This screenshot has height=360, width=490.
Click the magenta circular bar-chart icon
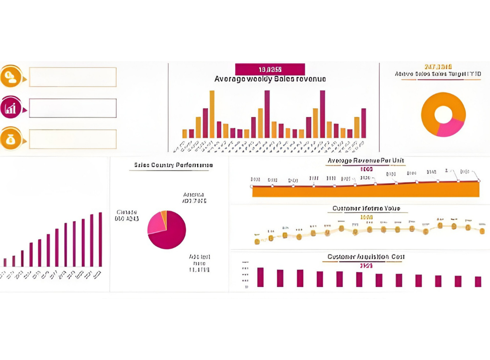[11, 107]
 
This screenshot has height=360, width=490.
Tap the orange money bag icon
[11, 138]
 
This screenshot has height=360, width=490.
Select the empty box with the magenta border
[73, 108]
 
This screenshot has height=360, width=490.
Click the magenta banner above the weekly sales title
[270, 69]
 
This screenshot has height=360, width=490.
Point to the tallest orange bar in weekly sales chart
[212, 114]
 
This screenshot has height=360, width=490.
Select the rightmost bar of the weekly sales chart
[363, 123]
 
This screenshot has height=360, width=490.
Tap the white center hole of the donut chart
[443, 114]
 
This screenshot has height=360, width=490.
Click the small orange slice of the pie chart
[164, 215]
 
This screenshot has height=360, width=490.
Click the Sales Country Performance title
[173, 165]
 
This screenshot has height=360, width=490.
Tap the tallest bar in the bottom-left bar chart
[100, 239]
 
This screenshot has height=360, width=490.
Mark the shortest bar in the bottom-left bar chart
[5, 262]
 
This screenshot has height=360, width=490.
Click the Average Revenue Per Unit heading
[365, 161]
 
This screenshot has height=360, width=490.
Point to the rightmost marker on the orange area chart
[478, 180]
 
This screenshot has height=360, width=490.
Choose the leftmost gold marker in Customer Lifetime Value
[257, 241]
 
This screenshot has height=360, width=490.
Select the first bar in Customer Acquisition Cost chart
[260, 277]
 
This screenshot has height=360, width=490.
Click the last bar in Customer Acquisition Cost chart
[477, 281]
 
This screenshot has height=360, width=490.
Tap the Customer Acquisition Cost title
[366, 257]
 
